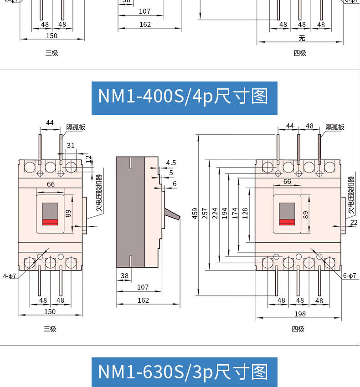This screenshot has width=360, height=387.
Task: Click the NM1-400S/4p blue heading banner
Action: coord(184,97)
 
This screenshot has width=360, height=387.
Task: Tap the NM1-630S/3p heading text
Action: coord(184,372)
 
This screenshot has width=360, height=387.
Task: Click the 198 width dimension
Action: coord(300,314)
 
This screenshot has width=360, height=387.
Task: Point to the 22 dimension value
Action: coord(354,222)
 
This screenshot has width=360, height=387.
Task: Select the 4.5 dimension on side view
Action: coord(171,163)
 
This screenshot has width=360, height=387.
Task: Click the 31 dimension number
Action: coord(71,146)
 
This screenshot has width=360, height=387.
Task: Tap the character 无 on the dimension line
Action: coord(301,38)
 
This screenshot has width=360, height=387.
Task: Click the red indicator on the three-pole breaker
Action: coord(50,222)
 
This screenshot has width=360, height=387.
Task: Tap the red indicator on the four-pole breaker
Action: coord(287,222)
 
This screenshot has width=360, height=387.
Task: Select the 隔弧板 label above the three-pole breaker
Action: coord(76,127)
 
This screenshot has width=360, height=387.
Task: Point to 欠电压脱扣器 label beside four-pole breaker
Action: coord(351,196)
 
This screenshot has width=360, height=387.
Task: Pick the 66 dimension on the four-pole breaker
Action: coord(287,181)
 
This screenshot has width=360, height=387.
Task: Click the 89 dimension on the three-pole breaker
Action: coord(68,213)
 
